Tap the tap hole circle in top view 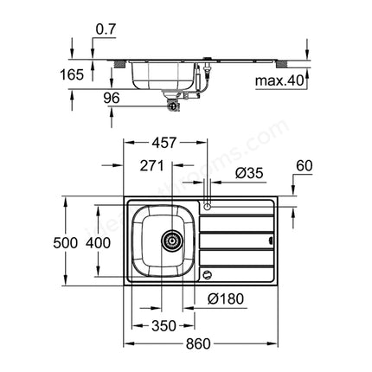point(208,207)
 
